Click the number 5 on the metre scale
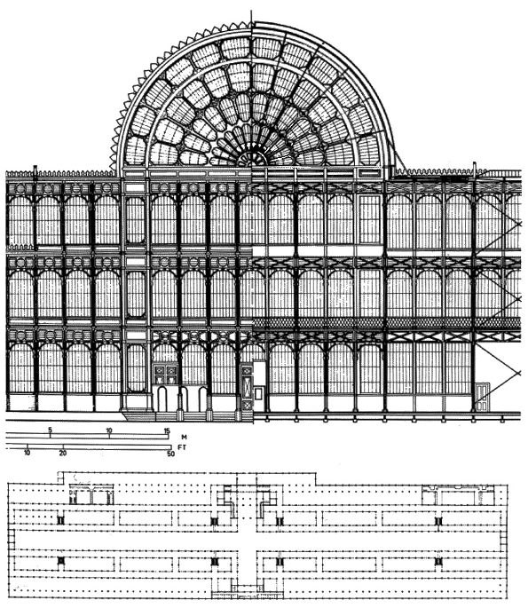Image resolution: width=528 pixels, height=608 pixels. click(x=50, y=430)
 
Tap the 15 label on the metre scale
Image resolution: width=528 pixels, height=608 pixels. click(x=167, y=430)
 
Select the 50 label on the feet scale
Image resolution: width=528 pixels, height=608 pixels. click(x=171, y=454)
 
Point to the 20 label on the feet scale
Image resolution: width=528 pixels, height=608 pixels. click(x=63, y=453)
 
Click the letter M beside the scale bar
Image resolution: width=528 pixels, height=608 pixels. click(x=184, y=438)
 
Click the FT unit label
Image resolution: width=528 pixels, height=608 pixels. click(x=182, y=447)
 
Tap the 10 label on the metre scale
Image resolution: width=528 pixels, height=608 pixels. click(x=109, y=430)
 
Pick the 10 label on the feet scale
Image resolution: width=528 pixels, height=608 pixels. click(x=27, y=453)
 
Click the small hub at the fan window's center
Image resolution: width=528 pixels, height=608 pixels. click(x=252, y=160)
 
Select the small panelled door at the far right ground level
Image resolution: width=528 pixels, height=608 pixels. click(x=483, y=396)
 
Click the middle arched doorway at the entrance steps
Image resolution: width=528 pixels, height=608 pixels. click(x=184, y=399)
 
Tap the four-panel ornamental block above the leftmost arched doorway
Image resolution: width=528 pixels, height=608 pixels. click(x=166, y=374)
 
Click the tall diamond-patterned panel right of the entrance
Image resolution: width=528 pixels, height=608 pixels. click(x=247, y=388)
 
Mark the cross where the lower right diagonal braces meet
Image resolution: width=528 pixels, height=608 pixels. click(x=519, y=373)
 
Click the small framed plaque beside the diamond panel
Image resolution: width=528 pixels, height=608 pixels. click(x=259, y=393)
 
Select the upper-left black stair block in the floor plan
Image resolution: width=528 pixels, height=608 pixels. click(x=60, y=520)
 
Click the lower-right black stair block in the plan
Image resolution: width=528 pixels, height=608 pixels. click(x=438, y=561)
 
